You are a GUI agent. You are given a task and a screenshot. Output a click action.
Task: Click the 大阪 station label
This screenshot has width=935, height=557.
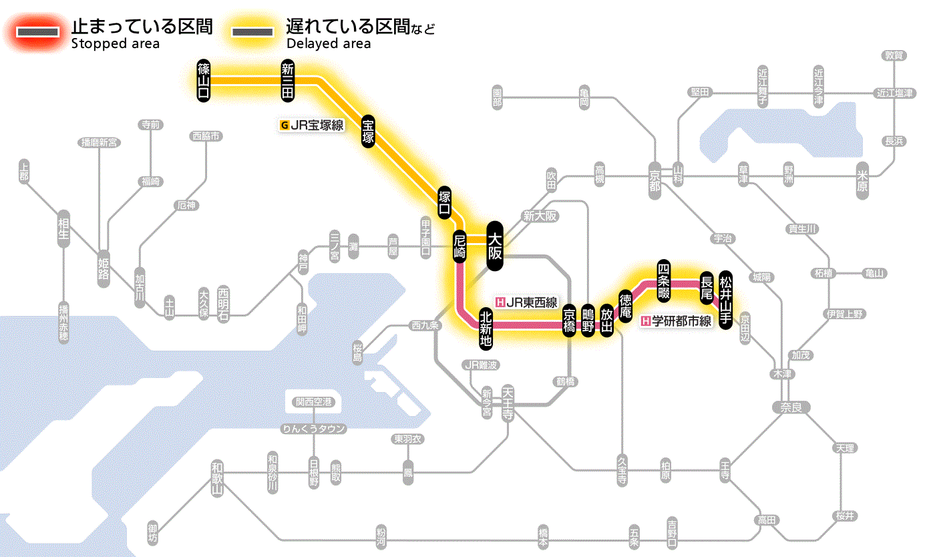[494, 246]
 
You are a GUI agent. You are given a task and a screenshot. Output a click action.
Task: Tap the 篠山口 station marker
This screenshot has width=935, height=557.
[204, 80]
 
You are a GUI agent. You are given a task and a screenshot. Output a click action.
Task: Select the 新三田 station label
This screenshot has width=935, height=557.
[288, 80]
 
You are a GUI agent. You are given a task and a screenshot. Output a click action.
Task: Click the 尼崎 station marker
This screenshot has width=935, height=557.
[459, 246]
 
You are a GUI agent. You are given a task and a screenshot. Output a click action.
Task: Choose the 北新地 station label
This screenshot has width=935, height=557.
[486, 327]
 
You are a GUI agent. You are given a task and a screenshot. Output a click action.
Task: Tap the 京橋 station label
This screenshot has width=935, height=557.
[569, 320]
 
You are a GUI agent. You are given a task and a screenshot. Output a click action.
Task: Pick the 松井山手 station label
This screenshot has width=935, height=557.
[726, 289]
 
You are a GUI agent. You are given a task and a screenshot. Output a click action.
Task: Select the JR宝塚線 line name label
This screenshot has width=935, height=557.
[312, 125]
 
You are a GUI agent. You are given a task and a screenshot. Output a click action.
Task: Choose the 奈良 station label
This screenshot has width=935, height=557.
[791, 407]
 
